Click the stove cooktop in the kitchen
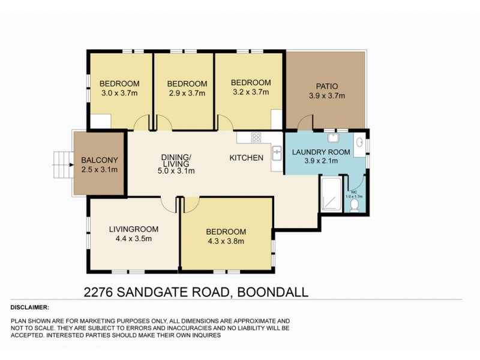click(x=256, y=137)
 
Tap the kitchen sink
click(x=277, y=154)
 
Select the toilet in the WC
click(x=355, y=205)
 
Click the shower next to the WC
click(x=332, y=194)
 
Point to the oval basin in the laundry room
click(x=359, y=142)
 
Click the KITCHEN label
click(x=247, y=158)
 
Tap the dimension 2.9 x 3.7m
click(x=187, y=93)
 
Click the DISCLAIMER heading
click(x=30, y=307)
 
